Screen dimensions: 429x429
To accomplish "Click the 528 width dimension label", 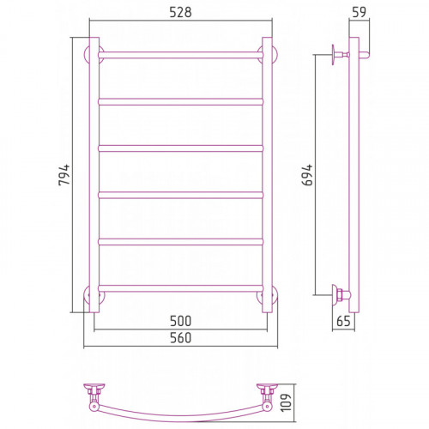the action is (x=180, y=12).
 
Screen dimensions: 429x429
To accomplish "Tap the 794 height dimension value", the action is (x=64, y=175).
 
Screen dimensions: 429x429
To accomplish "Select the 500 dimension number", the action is (x=180, y=321).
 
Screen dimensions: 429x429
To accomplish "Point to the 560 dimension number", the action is (x=180, y=338).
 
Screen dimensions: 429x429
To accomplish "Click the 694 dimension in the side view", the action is (x=307, y=175).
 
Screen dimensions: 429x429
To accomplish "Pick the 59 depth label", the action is (x=359, y=12).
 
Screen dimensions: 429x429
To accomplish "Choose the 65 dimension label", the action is (x=343, y=321).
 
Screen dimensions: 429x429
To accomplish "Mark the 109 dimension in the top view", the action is (x=286, y=402).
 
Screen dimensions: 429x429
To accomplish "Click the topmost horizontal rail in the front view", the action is (x=180, y=55).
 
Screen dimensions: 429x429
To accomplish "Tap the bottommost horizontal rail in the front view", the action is (x=180, y=288).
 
